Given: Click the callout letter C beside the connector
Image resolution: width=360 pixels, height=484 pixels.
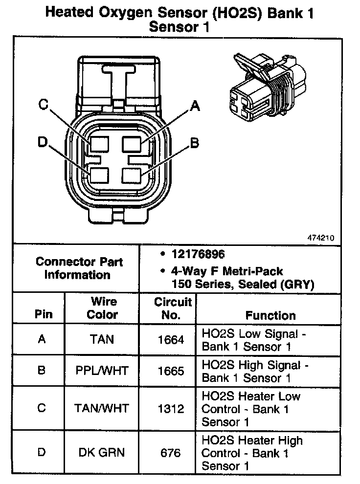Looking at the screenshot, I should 43,105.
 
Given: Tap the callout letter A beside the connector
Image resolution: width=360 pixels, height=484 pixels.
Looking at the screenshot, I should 195,106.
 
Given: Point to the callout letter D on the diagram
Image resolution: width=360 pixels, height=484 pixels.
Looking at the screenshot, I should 43,142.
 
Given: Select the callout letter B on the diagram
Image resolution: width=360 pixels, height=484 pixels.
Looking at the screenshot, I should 194,143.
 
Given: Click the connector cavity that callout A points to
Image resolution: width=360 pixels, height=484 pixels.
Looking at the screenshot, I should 132,144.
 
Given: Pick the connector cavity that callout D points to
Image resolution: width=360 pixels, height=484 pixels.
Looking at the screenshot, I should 98,175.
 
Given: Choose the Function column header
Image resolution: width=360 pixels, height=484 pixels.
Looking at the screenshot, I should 270,315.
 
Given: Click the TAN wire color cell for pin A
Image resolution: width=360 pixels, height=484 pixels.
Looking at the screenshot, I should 102,339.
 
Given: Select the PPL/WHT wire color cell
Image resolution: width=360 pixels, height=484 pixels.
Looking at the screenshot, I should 102,371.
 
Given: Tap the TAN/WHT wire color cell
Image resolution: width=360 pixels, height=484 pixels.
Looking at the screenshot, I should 102,408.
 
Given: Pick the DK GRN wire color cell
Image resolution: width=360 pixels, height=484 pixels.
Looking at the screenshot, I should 102,452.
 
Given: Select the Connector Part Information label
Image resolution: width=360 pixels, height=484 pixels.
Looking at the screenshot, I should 79,268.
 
